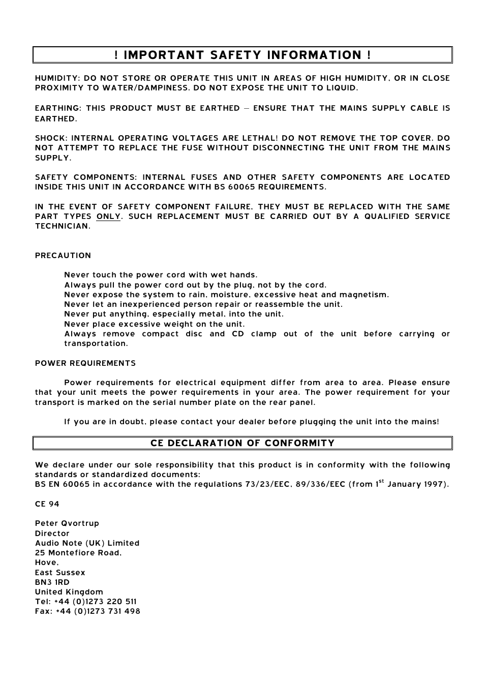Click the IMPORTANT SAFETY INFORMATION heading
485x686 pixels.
click(243, 55)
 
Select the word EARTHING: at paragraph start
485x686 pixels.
click(58, 108)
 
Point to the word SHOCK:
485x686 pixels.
click(51, 138)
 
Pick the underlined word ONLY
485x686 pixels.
click(109, 216)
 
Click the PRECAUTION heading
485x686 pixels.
click(63, 256)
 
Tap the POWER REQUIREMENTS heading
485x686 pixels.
click(85, 363)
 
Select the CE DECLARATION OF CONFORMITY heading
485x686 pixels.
click(243, 443)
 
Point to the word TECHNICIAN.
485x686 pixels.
click(63, 226)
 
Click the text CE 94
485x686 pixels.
click(47, 504)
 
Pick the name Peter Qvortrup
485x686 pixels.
click(67, 523)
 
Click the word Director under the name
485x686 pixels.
click(52, 534)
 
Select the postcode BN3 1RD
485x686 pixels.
click(52, 582)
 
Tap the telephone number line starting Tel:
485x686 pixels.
click(86, 602)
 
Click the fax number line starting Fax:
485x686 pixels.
click(87, 611)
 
